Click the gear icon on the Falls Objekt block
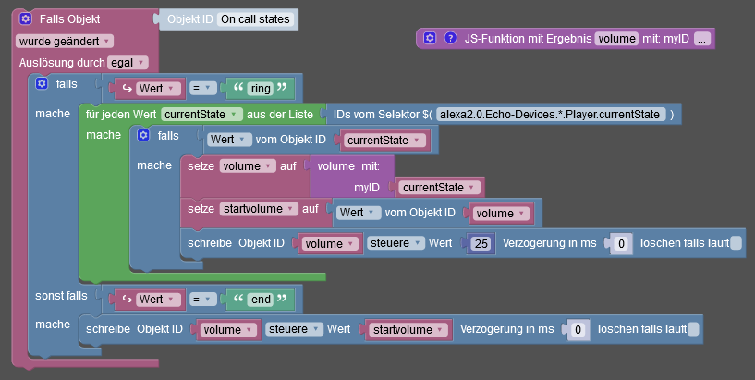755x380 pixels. (x=26, y=18)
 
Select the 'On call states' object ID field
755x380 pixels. (x=255, y=19)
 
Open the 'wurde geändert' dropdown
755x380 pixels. (x=65, y=42)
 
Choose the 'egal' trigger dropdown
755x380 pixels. (x=128, y=63)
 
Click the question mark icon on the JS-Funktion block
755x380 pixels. (x=450, y=38)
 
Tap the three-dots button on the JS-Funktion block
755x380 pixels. (x=702, y=39)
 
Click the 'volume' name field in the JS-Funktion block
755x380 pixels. (x=616, y=39)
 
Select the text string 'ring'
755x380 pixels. (x=261, y=89)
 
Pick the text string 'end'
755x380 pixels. (x=261, y=300)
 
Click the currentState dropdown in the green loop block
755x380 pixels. (x=201, y=115)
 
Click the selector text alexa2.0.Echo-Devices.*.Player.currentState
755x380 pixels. (x=550, y=115)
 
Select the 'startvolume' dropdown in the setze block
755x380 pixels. (x=259, y=209)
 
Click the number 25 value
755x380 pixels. (x=481, y=244)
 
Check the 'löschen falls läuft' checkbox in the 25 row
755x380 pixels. (x=736, y=243)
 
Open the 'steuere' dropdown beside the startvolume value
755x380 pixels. (x=294, y=329)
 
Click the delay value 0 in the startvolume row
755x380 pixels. (x=578, y=330)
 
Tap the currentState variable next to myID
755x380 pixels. (x=438, y=188)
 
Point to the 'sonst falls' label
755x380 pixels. (x=61, y=296)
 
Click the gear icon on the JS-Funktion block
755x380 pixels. (x=430, y=38)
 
